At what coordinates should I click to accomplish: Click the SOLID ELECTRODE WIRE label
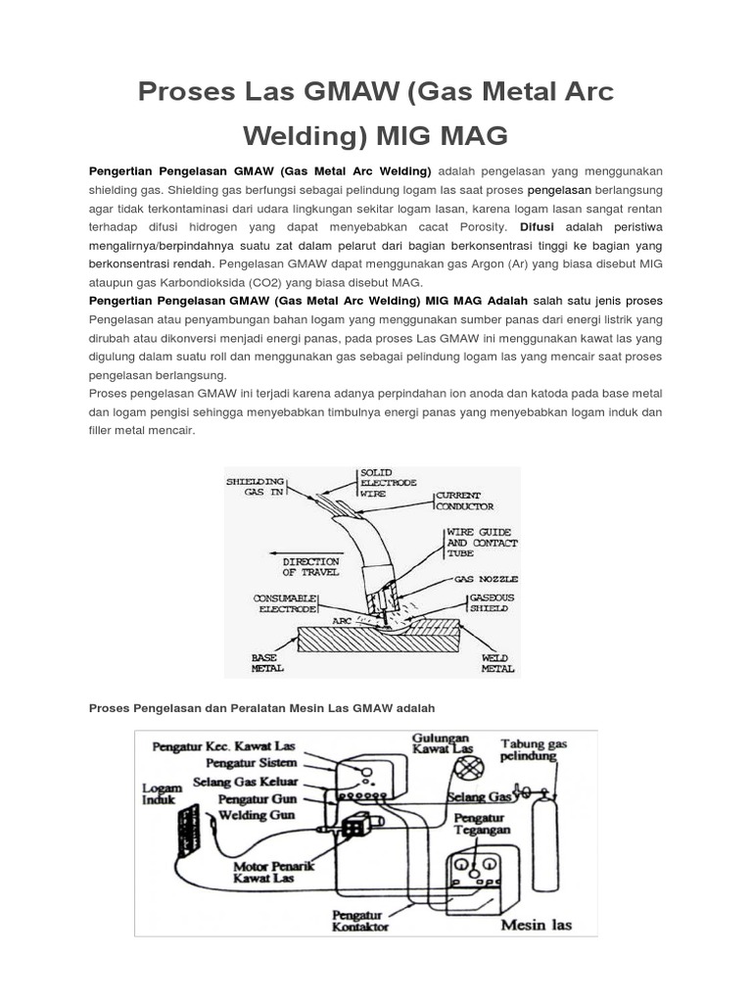[389, 483]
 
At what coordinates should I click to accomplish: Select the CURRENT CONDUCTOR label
[464, 501]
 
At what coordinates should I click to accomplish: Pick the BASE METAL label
[267, 662]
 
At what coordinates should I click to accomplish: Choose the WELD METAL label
[497, 663]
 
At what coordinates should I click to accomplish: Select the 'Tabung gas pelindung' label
[534, 750]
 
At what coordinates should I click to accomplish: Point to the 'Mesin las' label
[536, 924]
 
